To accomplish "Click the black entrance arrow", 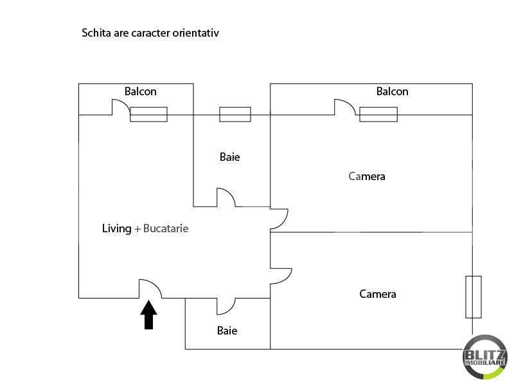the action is click(x=148, y=315).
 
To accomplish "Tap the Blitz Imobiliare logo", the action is click(x=485, y=357).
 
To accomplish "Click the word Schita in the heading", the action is click(x=96, y=33).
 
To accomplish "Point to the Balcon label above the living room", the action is click(x=140, y=91).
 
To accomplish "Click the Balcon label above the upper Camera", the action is click(x=392, y=91).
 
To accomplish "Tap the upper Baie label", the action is click(x=229, y=157).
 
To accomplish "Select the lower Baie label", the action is click(x=227, y=331).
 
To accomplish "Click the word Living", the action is click(x=116, y=228).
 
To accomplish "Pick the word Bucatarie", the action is click(x=166, y=228).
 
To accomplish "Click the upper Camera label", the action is click(x=366, y=176).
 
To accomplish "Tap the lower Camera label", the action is click(x=377, y=294).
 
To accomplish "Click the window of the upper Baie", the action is click(x=235, y=115).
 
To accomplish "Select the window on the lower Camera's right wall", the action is click(x=474, y=297).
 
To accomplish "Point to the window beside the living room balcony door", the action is click(x=148, y=115).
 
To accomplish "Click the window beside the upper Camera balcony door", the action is click(x=378, y=115).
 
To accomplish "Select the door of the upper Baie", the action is click(x=231, y=194).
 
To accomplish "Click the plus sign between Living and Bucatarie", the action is click(x=137, y=229).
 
